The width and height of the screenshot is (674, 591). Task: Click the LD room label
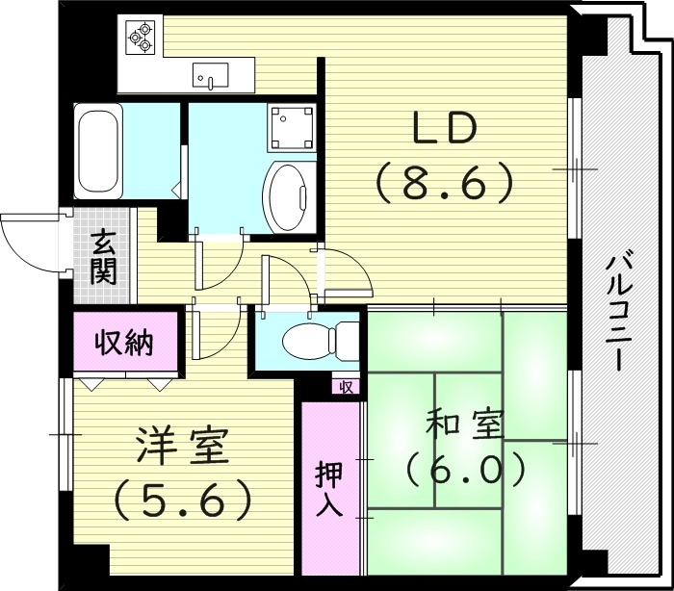click(x=444, y=129)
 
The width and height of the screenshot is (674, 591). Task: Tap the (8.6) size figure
click(x=444, y=181)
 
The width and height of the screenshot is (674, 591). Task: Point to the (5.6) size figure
click(x=182, y=498)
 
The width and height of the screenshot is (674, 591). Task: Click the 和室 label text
click(x=465, y=424)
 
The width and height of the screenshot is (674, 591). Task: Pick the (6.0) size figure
click(x=465, y=471)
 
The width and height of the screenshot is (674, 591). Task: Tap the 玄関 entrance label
click(x=104, y=256)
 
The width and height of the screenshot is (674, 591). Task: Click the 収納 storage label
click(x=125, y=342)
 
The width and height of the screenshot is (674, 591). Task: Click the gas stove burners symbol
click(x=141, y=36)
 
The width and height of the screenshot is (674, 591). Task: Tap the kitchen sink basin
click(x=210, y=73)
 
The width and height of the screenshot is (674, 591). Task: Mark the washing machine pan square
click(x=291, y=126)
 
